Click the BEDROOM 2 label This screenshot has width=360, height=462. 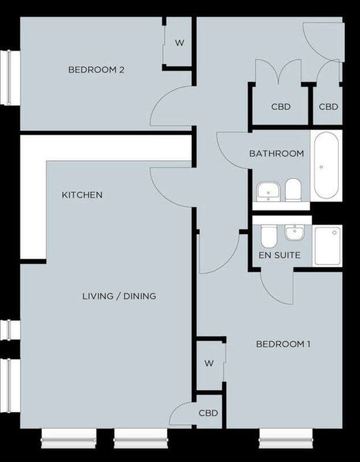click(96, 70)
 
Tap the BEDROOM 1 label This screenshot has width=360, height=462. click(283, 344)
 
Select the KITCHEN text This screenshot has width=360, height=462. click(82, 195)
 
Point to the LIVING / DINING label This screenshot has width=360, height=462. click(119, 296)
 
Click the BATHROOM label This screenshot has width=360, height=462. click(277, 154)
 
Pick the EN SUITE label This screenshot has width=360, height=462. click(280, 255)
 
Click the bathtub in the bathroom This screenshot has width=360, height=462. click(326, 165)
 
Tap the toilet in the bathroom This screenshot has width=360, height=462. click(293, 190)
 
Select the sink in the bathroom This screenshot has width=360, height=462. click(268, 192)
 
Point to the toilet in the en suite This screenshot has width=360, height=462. click(269, 236)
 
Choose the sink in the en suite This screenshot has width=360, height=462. click(295, 232)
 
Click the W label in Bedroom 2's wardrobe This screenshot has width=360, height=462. click(180, 43)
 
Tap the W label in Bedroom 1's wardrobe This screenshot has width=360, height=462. click(209, 364)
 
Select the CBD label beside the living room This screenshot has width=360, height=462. click(208, 413)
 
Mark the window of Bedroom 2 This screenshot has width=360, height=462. click(10, 77)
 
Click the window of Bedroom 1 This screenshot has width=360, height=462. click(285, 439)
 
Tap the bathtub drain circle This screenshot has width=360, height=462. click(321, 167)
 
